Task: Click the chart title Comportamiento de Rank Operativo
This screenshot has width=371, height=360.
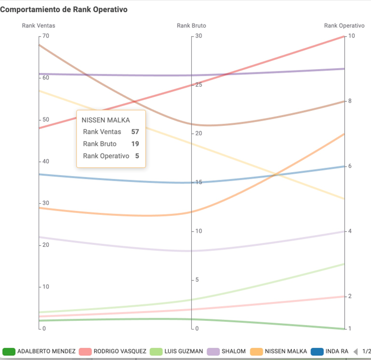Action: (64, 10)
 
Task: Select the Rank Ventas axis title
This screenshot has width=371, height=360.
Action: (39, 25)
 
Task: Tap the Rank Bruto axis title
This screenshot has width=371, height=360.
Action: (191, 25)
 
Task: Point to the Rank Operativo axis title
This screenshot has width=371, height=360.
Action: (345, 25)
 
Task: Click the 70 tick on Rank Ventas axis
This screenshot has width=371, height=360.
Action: (46, 36)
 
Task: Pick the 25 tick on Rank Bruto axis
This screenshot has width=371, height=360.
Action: (199, 85)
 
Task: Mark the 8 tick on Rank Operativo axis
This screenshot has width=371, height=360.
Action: (350, 101)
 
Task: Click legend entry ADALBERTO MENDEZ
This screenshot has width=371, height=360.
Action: (46, 351)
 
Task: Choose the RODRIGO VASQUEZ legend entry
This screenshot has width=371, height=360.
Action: (120, 351)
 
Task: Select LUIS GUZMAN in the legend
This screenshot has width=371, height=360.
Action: (184, 351)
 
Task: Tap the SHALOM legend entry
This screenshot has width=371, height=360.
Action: (234, 351)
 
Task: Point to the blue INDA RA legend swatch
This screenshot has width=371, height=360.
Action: (317, 351)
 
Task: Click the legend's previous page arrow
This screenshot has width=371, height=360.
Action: (356, 351)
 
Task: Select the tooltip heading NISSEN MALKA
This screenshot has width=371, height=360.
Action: (106, 120)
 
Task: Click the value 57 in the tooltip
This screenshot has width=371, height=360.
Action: (135, 131)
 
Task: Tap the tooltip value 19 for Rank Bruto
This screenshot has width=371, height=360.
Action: (135, 144)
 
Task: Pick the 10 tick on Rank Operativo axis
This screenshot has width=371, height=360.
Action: (351, 36)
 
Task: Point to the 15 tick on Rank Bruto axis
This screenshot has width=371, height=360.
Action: (199, 182)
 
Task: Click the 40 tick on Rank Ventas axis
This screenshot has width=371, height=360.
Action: (46, 161)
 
